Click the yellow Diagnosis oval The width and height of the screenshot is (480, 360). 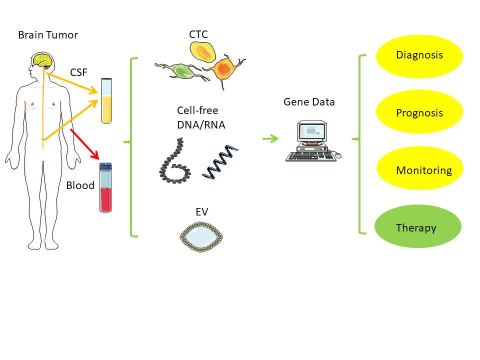[419, 55]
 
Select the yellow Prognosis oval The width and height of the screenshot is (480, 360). [419, 113]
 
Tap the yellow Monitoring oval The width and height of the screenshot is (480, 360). [419, 170]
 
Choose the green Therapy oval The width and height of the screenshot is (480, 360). [417, 227]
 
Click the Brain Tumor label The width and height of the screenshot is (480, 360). [48, 35]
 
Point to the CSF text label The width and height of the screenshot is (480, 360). [78, 73]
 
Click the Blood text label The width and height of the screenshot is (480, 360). [80, 185]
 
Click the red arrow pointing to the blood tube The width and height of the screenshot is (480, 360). [85, 144]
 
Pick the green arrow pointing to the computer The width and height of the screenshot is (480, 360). [270, 138]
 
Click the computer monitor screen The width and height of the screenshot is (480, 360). [312, 131]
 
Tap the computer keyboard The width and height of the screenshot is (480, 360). [310, 156]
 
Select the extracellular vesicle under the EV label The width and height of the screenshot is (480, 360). [202, 236]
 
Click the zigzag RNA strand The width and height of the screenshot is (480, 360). [220, 162]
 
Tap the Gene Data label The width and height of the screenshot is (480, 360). [309, 102]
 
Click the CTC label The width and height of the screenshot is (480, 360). [198, 34]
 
